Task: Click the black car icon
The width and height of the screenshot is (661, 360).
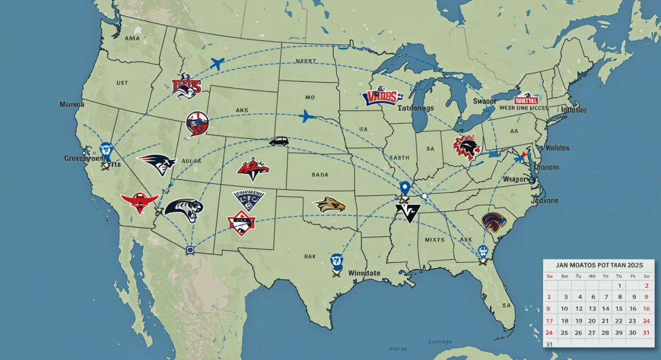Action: coord(279,141)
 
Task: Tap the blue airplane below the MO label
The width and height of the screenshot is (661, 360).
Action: coord(306,116)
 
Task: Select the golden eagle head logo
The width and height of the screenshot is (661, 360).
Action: coord(329,205)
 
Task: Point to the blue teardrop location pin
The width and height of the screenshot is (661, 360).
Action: coord(405,189)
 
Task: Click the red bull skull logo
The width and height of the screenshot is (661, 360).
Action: coord(139,203)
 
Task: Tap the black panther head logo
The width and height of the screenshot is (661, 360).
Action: coord(184,209)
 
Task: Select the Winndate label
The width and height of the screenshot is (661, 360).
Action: coord(364,273)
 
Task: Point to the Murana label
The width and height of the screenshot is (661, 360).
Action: coord(72,104)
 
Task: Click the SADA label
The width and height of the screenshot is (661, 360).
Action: coord(319,174)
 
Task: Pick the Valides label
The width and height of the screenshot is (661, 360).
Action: coord(557,148)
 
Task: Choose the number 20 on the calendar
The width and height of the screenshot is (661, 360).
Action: coord(591,321)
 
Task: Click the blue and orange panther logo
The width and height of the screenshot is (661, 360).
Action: coord(493,221)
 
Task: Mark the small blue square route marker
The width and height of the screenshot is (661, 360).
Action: coord(190,249)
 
